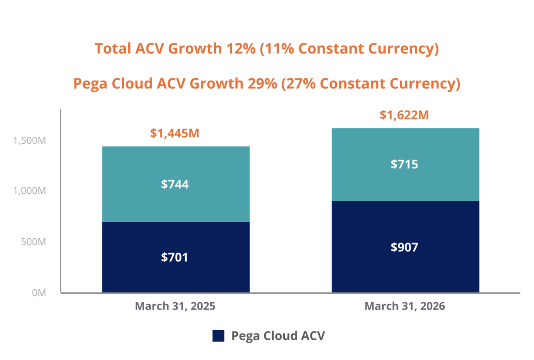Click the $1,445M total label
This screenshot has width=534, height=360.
coord(175,133)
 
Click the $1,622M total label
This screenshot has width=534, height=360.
coord(404,115)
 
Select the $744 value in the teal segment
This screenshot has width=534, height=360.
coord(175,184)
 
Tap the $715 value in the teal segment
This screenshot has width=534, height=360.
coord(404,164)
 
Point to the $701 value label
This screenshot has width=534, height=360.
coord(175,257)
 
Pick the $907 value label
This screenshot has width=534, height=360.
coord(404,247)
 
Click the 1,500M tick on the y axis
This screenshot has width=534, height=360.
coord(30,141)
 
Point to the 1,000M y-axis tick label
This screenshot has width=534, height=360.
coord(30,191)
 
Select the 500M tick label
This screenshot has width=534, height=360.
coord(33,242)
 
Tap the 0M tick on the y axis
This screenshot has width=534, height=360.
coord(39,293)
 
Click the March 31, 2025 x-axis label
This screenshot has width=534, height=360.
coord(175,306)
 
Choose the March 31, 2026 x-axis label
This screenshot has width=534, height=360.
coord(405,306)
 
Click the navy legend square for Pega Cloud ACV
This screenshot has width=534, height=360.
coord(218,336)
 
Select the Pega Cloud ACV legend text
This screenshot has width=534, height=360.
coord(278,336)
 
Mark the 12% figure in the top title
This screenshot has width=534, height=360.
coord(241,49)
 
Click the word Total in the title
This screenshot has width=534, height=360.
coord(113,49)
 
